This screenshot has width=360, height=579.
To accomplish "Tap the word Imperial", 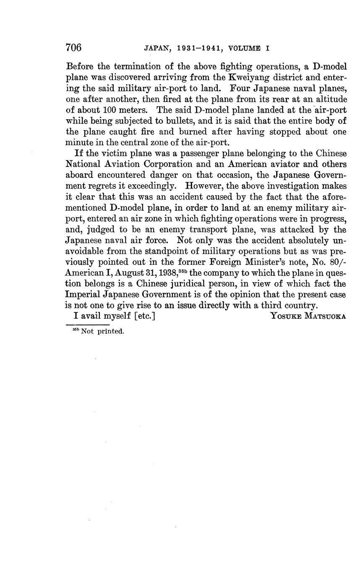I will click(83, 296).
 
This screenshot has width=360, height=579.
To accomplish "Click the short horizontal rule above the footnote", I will click(88, 325).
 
